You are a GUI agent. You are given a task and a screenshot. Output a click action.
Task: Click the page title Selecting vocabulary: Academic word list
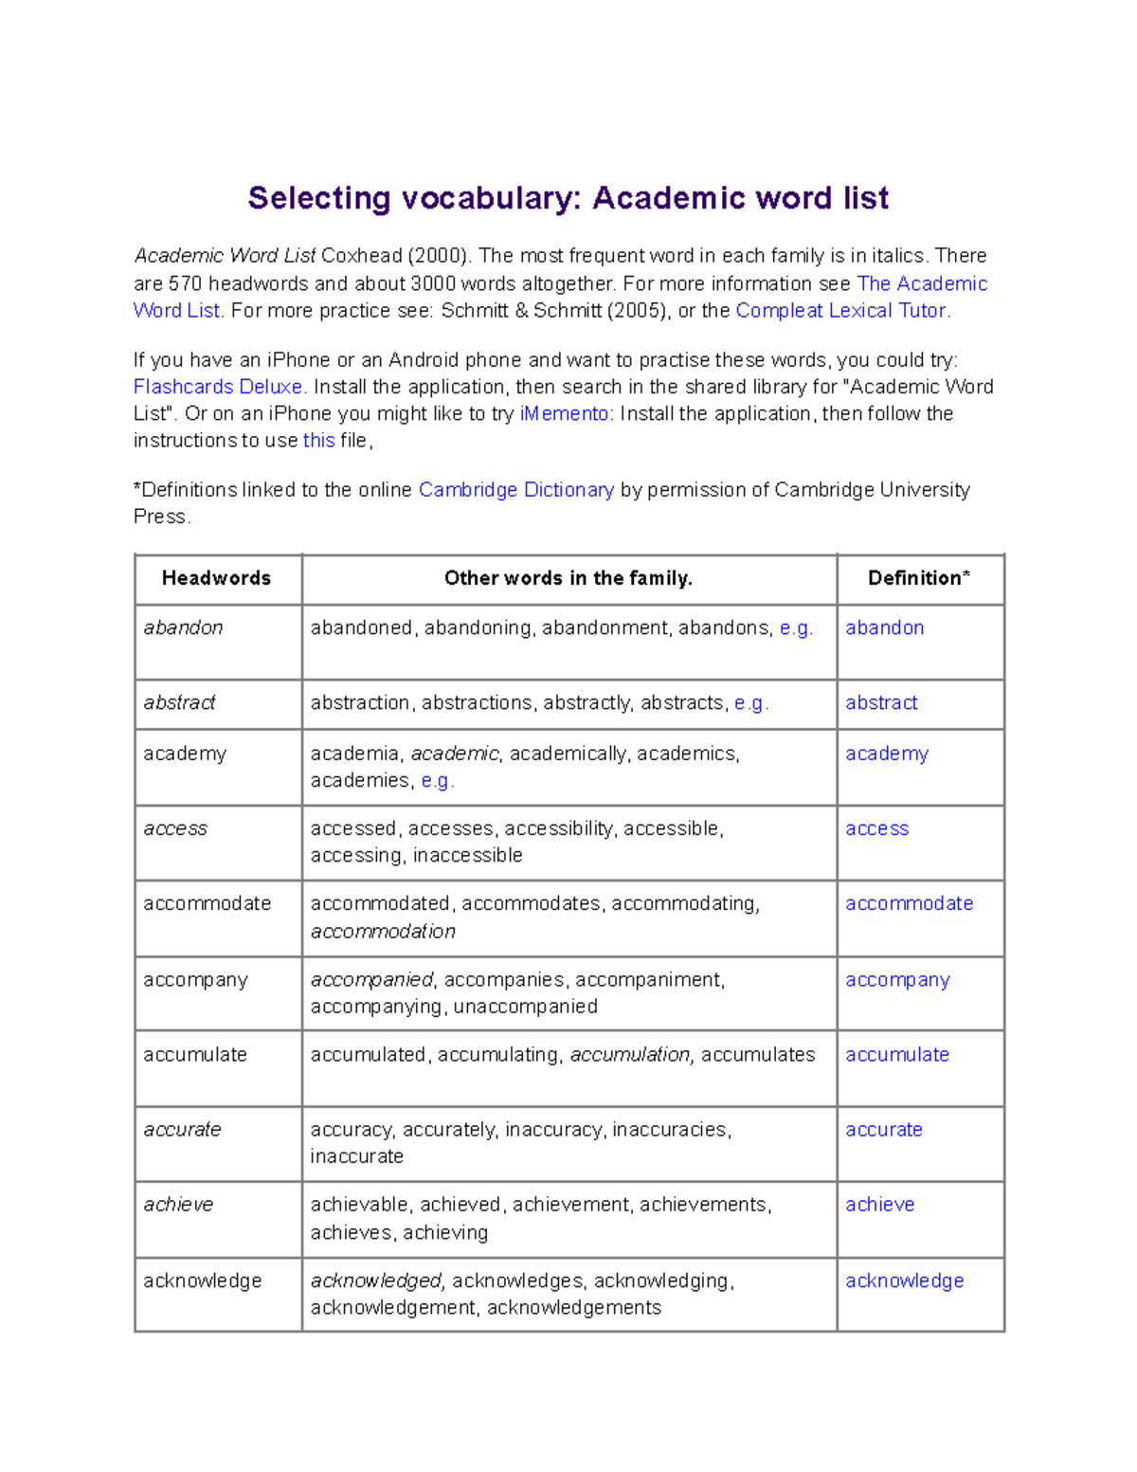click(x=568, y=198)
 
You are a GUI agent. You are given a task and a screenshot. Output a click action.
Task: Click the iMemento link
click(x=566, y=413)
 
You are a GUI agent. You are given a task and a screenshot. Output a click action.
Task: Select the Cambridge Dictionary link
click(x=516, y=490)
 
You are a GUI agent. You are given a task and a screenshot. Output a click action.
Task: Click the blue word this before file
click(x=318, y=440)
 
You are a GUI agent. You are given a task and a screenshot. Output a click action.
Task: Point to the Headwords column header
click(x=216, y=578)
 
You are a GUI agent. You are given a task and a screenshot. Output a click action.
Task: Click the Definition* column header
click(x=919, y=578)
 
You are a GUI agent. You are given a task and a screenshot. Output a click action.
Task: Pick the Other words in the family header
click(x=568, y=578)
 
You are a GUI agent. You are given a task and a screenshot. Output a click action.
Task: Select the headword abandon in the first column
click(x=183, y=627)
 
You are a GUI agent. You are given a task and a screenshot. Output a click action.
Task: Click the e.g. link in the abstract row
click(x=750, y=702)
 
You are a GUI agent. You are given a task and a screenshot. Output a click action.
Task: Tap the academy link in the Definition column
click(x=887, y=754)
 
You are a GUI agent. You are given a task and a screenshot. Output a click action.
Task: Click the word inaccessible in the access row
click(x=468, y=855)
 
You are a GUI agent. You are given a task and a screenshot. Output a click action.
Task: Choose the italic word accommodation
click(x=383, y=931)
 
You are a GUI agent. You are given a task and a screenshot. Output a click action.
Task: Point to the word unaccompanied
click(x=526, y=1006)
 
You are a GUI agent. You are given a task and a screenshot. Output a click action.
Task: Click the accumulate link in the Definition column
click(x=897, y=1054)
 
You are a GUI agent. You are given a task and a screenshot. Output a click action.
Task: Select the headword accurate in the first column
click(x=182, y=1129)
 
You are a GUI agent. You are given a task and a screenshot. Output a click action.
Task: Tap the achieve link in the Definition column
click(x=879, y=1204)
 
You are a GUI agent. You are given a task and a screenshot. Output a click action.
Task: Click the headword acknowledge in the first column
click(x=202, y=1281)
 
